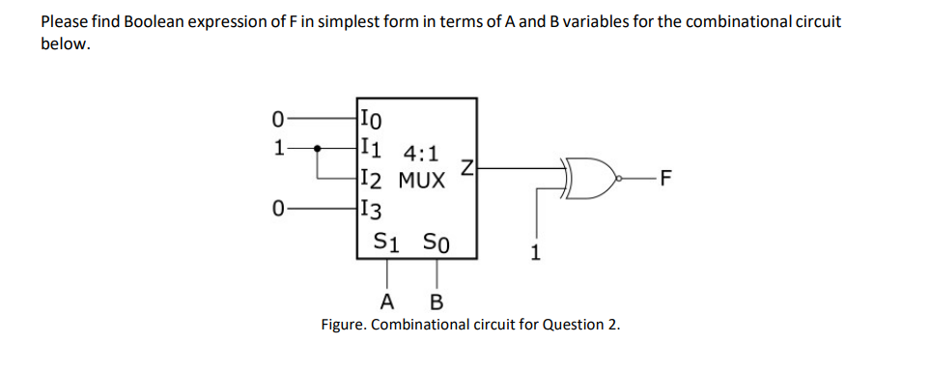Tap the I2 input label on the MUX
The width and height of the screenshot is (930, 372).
pos(371,179)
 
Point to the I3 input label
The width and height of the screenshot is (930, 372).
pos(371,207)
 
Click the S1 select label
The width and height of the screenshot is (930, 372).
pos(387,241)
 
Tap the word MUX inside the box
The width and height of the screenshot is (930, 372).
pos(421,180)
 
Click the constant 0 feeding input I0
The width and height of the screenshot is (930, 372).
pos(278,120)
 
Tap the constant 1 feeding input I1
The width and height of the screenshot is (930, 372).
pos(278,149)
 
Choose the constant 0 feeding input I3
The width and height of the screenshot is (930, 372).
pos(278,207)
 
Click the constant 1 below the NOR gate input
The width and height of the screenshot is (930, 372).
pos(537,253)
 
